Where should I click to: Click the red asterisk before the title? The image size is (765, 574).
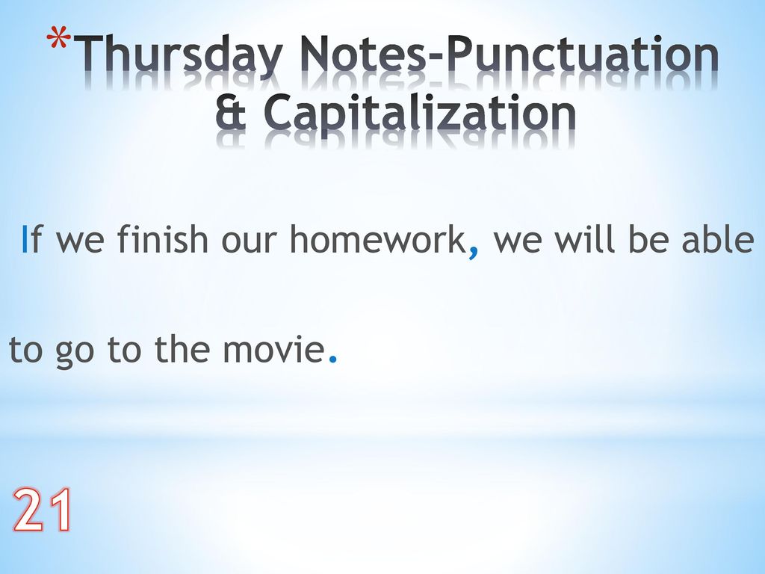tap(58, 39)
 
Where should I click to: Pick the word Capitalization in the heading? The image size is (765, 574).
tap(420, 114)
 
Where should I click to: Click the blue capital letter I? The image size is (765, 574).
tap(25, 238)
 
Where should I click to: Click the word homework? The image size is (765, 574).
tap(377, 238)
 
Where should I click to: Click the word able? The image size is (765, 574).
tap(718, 238)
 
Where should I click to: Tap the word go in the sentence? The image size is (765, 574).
tap(74, 353)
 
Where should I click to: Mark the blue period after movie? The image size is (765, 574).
tap(333, 359)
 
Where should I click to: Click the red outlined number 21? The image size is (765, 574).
tap(42, 510)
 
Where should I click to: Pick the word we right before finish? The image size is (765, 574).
tap(80, 242)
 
